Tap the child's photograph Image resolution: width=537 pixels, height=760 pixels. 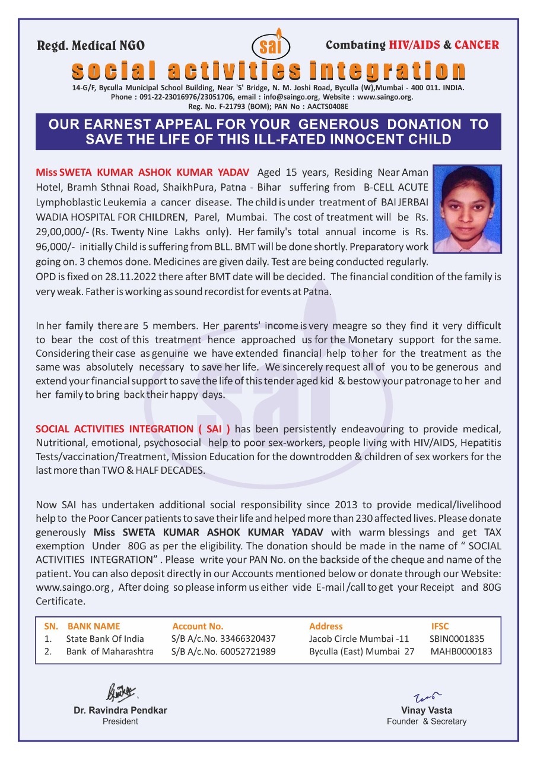click(467, 209)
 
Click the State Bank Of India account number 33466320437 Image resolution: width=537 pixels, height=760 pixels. click(224, 639)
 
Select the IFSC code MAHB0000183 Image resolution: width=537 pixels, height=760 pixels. click(461, 651)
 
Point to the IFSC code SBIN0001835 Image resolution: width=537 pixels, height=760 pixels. click(457, 639)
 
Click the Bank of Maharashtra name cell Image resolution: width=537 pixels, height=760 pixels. click(110, 651)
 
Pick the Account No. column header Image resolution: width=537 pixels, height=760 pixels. click(198, 626)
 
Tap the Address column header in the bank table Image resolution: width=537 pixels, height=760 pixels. click(326, 626)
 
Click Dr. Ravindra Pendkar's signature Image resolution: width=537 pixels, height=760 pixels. click(121, 692)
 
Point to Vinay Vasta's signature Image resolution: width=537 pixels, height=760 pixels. click(427, 696)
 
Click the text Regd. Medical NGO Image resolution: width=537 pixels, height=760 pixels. click(91, 46)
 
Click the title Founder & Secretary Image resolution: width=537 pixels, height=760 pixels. click(427, 721)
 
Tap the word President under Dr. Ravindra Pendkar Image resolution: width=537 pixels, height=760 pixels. click(120, 721)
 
